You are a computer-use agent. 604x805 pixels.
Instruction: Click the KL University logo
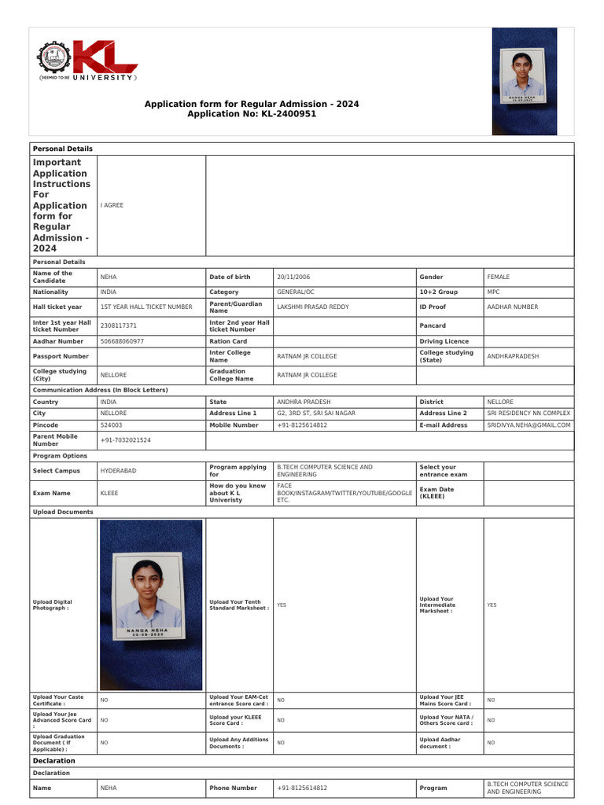[x=87, y=62]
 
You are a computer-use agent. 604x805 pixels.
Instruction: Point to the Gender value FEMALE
[x=499, y=277]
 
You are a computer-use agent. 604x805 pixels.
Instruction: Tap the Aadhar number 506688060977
[x=122, y=341]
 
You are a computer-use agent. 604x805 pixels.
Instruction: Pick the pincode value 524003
[x=111, y=425]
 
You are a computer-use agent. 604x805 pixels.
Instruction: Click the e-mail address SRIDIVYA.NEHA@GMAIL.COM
[x=528, y=425]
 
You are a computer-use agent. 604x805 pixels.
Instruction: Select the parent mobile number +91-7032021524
[x=126, y=440]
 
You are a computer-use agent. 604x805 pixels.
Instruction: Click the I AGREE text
[x=112, y=205]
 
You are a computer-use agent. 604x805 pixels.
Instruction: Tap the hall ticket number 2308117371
[x=119, y=325]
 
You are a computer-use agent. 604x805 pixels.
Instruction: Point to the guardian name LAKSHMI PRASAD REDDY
[x=313, y=307]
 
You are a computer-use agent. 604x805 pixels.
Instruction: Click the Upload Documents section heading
[x=63, y=512]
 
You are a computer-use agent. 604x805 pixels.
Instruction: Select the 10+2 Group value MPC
[x=493, y=292]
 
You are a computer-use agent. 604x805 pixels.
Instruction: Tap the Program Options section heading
[x=60, y=455]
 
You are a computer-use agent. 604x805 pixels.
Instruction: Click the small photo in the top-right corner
[x=524, y=81]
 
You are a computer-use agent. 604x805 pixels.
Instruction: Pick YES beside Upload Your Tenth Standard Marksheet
[x=282, y=605]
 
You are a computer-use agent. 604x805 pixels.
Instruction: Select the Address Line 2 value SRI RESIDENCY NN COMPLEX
[x=528, y=413]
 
